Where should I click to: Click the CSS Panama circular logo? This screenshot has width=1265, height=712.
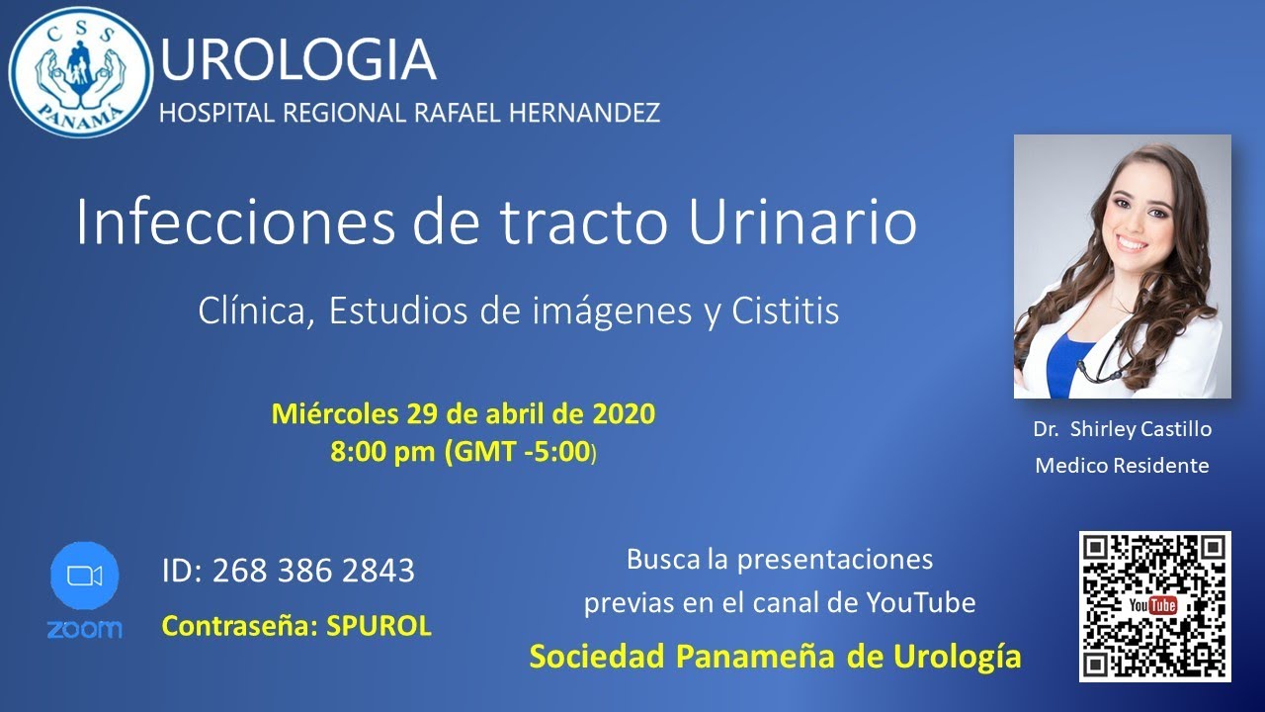coord(81,71)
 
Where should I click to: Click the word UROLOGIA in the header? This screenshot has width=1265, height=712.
coord(297,59)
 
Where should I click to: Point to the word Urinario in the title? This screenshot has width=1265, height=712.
coord(802,222)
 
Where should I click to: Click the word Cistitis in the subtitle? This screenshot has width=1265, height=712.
coord(786,311)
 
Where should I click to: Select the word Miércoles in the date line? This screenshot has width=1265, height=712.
coord(333,413)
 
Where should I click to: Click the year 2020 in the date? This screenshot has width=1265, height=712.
coord(624,413)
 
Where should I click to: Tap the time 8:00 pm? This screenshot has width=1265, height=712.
coord(382,452)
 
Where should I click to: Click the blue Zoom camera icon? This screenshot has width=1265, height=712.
coord(84,576)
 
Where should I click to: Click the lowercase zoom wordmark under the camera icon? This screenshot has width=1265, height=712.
coord(84,629)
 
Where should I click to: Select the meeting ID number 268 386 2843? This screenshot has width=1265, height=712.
coord(312,571)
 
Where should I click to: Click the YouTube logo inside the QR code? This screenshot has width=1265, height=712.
coord(1153,605)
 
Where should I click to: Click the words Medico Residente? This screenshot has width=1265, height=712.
coord(1122,465)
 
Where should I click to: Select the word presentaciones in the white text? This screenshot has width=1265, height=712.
coord(835,560)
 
